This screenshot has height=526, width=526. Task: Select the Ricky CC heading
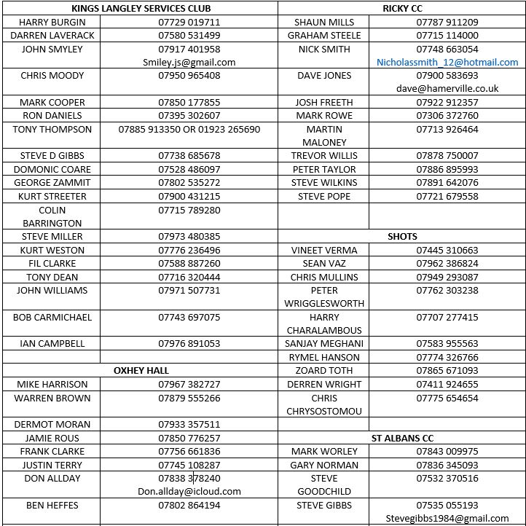click(402, 8)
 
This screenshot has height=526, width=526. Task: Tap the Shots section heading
click(402, 236)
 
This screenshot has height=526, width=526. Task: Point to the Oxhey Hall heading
click(141, 370)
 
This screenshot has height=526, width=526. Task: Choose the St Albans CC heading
click(402, 438)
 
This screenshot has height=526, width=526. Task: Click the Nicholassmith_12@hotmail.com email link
click(447, 62)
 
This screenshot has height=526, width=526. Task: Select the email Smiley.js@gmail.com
click(189, 62)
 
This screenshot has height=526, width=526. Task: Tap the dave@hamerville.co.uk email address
click(447, 88)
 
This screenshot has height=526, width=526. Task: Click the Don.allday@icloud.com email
click(189, 491)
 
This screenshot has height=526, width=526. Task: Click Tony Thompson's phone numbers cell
click(189, 129)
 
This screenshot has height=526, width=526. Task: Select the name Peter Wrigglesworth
click(324, 297)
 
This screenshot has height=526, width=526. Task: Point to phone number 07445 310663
click(447, 250)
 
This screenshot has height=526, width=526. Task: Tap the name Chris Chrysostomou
click(324, 404)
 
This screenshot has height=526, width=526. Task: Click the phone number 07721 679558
click(447, 196)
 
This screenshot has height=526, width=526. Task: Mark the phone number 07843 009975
click(447, 451)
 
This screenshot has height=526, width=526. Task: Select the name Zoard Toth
click(324, 370)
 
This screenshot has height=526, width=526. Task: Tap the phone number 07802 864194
click(189, 505)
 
